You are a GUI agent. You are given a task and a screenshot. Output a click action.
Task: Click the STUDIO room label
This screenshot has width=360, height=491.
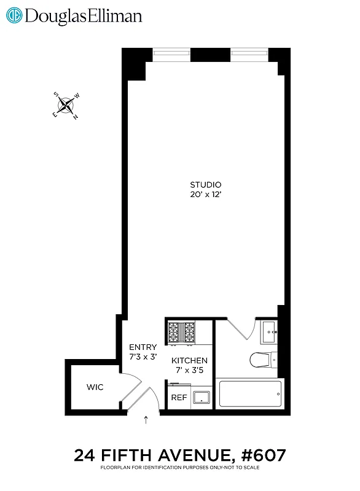[x=205, y=185]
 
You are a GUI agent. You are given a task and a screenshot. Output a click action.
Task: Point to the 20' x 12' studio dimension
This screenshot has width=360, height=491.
[x=205, y=195]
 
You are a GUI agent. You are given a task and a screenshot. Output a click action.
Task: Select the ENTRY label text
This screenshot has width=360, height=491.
[x=143, y=347]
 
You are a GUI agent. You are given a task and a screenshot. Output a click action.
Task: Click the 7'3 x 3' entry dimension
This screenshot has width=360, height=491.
[x=143, y=357]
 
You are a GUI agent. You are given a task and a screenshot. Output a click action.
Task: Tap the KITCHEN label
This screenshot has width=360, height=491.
[x=189, y=360]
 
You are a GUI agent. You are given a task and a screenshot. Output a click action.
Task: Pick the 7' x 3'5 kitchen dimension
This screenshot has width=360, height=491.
[x=189, y=370]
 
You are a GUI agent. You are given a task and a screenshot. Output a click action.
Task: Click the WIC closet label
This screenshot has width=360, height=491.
[x=95, y=387]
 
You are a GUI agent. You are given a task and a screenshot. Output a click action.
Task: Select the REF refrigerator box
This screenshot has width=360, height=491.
[x=179, y=397]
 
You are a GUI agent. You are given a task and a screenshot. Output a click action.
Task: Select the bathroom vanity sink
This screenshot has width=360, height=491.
[x=269, y=333]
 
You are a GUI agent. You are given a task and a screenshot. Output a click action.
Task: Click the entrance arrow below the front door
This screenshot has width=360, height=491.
[x=146, y=420]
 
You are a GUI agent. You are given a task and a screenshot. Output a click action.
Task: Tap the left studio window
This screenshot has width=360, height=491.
[x=171, y=53]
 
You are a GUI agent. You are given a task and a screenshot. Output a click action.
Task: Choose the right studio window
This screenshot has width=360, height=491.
[x=249, y=53]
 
